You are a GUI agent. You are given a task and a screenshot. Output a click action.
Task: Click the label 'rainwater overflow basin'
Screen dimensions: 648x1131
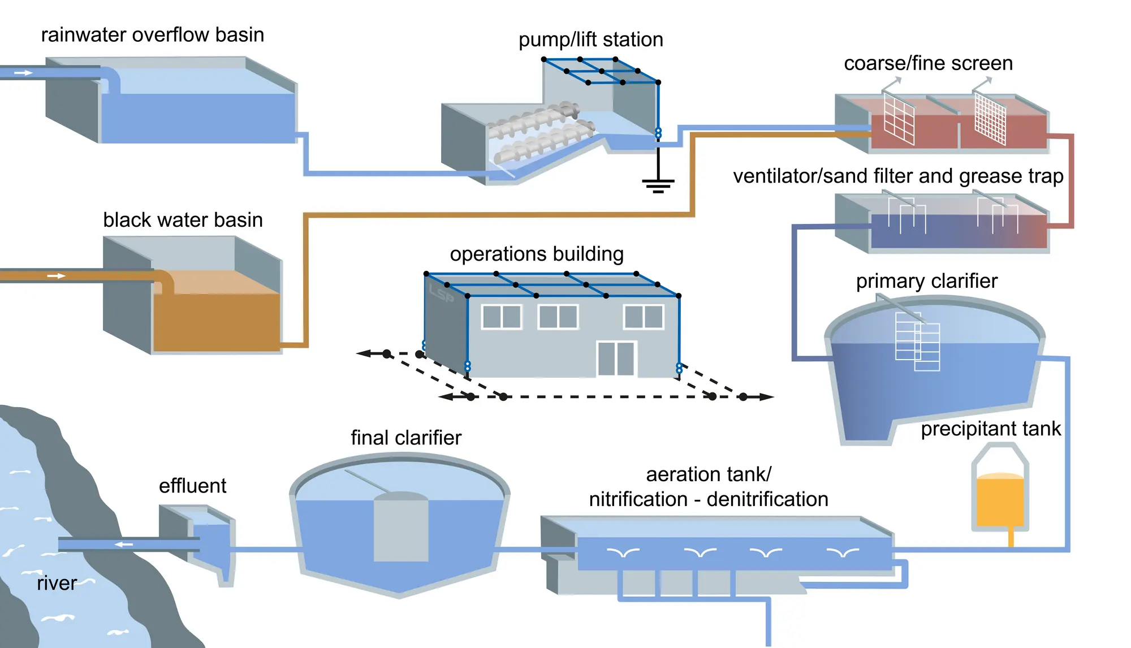point(152,35)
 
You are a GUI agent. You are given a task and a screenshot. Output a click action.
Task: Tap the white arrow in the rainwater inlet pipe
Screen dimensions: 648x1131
point(23,73)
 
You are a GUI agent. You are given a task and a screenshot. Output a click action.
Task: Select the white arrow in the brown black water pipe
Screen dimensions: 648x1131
point(56,276)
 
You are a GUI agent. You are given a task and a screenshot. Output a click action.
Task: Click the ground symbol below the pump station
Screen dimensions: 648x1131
point(658,184)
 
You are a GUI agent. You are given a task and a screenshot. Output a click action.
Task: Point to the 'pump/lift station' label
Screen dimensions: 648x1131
point(590,40)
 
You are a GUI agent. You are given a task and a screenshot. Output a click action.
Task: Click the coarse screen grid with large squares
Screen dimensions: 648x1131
point(899,118)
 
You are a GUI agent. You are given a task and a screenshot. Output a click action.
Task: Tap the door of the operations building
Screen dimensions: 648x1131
point(616,358)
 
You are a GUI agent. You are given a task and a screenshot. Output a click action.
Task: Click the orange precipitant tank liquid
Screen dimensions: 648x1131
point(1000,501)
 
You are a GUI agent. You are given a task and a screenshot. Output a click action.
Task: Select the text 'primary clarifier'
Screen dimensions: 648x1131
point(926,281)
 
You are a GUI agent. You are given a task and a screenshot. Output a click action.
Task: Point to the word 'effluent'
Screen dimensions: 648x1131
point(192,486)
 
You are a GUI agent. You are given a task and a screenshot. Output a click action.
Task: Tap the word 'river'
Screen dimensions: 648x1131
point(57,583)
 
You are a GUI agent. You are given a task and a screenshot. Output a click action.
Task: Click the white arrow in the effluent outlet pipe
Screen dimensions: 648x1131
point(124,545)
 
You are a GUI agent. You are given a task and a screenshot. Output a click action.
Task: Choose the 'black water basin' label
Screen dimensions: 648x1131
point(183,220)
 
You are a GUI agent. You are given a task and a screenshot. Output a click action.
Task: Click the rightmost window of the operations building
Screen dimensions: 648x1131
point(644,317)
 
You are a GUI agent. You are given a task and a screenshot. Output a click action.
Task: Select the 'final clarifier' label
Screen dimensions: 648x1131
point(405,438)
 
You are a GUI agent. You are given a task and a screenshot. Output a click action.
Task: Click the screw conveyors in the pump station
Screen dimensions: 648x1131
point(540,133)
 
